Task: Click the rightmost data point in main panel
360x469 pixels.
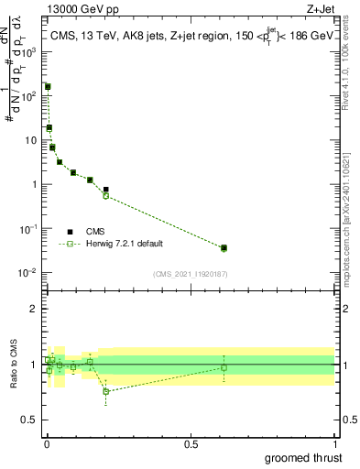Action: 224,248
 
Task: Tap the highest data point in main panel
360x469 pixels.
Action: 48,87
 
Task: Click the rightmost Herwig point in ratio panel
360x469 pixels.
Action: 224,367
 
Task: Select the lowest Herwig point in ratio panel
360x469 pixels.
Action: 106,391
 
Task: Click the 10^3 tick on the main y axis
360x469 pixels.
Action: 32,52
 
